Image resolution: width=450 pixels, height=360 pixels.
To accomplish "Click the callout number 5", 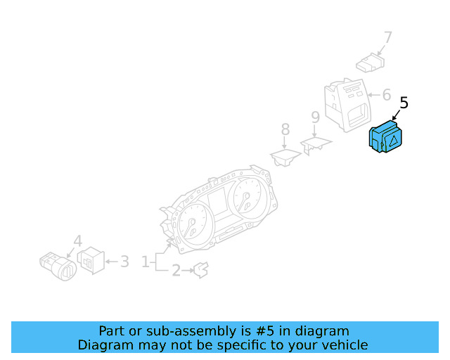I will click(403, 103).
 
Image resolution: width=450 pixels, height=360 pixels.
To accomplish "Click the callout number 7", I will click(388, 37).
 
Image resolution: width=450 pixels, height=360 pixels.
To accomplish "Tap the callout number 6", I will click(386, 94).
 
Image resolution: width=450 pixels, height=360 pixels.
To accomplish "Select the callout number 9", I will click(316, 117).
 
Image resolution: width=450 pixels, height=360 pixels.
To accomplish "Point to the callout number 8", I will click(285, 129).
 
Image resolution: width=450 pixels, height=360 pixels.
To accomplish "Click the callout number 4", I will click(78, 240).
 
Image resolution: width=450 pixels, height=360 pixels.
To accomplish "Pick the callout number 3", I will click(124, 262).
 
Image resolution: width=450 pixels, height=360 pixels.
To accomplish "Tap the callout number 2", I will click(176, 269).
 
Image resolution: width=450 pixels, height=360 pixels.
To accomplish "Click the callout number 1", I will click(146, 262).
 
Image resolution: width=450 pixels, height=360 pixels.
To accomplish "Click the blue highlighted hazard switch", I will click(386, 136).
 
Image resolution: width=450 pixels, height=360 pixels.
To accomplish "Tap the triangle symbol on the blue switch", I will click(394, 141).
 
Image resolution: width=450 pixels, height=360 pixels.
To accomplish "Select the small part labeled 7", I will click(369, 65).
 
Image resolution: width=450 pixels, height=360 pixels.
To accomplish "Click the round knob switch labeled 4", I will click(58, 266).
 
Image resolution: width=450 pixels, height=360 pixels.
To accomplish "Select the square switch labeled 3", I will click(91, 261).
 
